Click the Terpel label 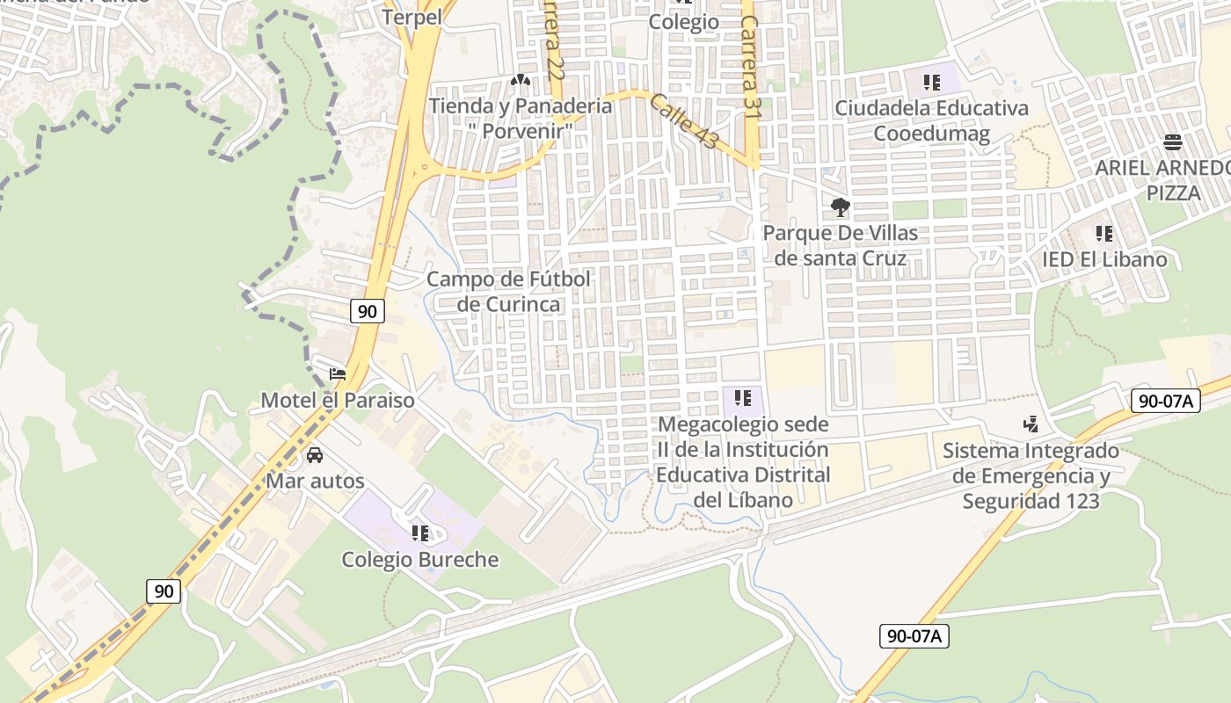tap(412, 17)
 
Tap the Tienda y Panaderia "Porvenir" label tap(521, 118)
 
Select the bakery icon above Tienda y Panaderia tap(520, 81)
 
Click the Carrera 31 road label tap(750, 66)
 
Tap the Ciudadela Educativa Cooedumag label tap(931, 120)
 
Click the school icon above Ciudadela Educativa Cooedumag tap(931, 83)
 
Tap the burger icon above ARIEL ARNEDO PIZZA tap(1172, 142)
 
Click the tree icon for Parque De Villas tap(840, 207)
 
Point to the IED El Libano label tap(1104, 259)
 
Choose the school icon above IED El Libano tap(1104, 234)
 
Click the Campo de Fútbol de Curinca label tap(508, 292)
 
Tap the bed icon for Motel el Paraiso tap(338, 374)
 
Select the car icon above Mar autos tap(315, 455)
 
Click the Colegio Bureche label tap(419, 560)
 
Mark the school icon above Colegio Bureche tap(419, 533)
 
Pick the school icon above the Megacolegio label tap(743, 398)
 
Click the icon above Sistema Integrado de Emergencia tap(1031, 424)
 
